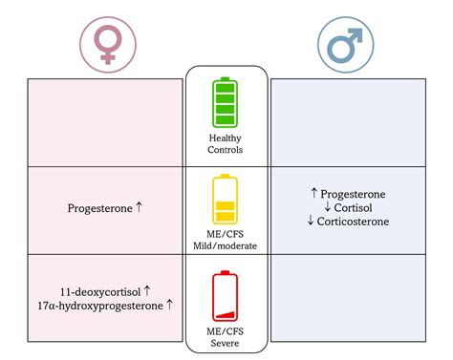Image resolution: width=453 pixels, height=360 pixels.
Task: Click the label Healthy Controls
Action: pos(225,144)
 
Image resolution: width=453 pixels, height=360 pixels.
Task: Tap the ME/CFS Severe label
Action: pos(225,336)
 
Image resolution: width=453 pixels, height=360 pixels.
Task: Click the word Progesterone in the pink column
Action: pos(99,207)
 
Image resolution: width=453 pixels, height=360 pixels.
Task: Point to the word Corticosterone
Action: pos(352,222)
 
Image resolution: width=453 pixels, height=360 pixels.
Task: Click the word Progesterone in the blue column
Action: pos(353,193)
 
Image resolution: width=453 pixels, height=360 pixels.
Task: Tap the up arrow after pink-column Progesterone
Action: pos(139,207)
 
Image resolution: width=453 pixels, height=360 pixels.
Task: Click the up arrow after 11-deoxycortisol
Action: pos(147,289)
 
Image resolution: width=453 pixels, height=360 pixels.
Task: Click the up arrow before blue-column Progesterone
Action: pos(314,193)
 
